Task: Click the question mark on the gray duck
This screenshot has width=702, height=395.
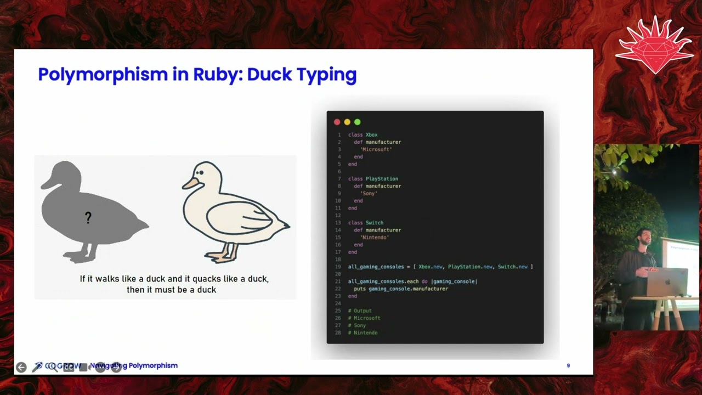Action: tap(88, 218)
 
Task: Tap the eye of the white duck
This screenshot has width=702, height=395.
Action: tap(201, 173)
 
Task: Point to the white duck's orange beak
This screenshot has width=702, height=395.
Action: tap(190, 183)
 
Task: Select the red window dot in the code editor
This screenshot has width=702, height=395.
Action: tap(337, 122)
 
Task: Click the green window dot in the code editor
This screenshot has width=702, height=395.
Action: tap(358, 122)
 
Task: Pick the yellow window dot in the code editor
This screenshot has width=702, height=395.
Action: tap(347, 122)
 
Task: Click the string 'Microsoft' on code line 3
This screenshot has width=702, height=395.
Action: tap(376, 149)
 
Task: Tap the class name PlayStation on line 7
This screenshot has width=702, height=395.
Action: tap(382, 179)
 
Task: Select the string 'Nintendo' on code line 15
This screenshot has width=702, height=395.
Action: tap(374, 238)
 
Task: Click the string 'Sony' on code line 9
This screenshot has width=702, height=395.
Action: tap(369, 194)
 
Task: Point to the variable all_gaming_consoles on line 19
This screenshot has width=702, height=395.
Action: tap(376, 267)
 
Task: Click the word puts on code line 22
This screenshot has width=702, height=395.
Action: tap(360, 289)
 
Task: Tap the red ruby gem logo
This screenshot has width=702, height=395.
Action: tap(655, 47)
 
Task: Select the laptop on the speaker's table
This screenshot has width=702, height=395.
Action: tap(667, 281)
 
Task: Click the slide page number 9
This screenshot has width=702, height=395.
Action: tap(568, 365)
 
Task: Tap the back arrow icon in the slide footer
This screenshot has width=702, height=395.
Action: tap(21, 367)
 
